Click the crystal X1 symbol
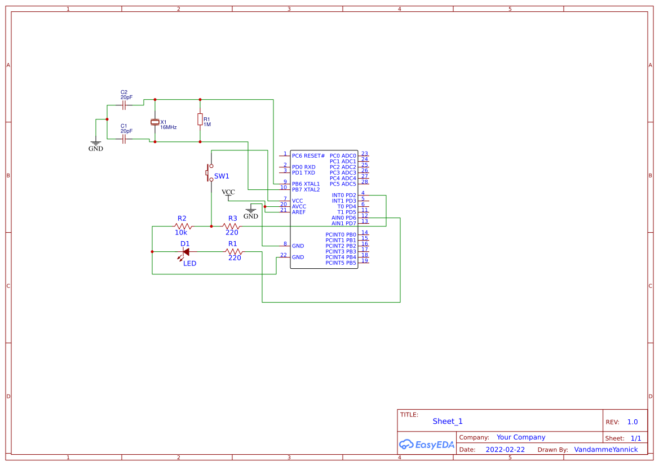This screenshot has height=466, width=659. coord(155,122)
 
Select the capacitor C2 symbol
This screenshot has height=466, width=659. coord(124,105)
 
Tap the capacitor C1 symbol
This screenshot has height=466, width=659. coord(124,139)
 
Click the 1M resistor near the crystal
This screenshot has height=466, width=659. coord(200,119)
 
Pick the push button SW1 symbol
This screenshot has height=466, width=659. coord(209,173)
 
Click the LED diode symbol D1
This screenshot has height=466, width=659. coord(185,252)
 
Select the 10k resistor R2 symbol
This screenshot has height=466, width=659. coord(183,226)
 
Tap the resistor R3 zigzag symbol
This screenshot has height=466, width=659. coord(231,226)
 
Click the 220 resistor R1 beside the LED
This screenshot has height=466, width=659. coord(233,252)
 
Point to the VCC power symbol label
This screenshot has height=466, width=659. coord(228,193)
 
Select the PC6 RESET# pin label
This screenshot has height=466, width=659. coord(308,156)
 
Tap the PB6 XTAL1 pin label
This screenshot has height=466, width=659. coord(306,184)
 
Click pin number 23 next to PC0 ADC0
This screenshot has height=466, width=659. coord(364,153)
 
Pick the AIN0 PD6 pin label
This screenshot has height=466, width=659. coord(344,218)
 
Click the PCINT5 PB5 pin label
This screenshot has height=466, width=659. coord(340,263)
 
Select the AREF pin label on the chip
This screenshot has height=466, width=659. coord(299,212)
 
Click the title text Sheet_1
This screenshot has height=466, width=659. coord(448,421)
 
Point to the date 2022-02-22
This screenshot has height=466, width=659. coord(505,450)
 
